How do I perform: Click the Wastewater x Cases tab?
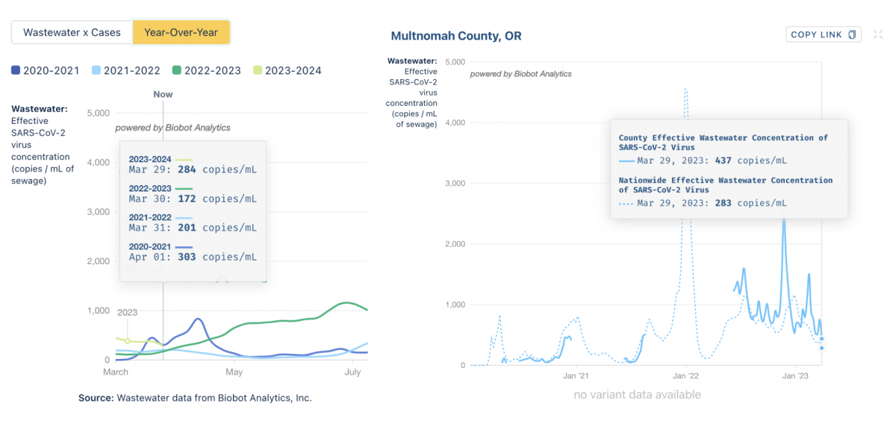[72, 33]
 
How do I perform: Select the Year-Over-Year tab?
[181, 33]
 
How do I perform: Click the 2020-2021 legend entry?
[46, 70]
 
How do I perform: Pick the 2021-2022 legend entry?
[125, 70]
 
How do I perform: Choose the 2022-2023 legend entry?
[206, 70]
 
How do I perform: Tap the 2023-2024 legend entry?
[287, 70]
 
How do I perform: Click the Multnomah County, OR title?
[455, 36]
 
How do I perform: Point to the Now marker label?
[163, 94]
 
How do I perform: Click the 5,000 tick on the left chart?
[99, 113]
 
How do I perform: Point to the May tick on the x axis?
[234, 372]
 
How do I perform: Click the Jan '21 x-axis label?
[576, 376]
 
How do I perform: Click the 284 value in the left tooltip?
[187, 169]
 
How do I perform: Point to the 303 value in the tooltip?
[187, 257]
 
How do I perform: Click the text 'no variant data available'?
[637, 395]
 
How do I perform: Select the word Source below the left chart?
[96, 398]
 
